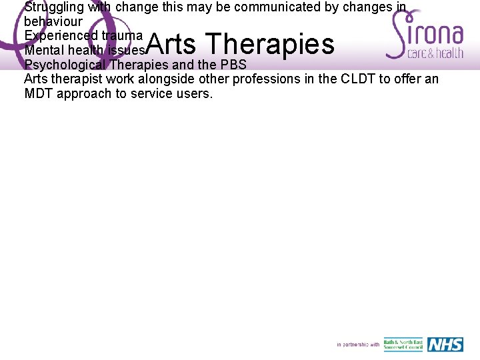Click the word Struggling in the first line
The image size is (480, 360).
click(x=54, y=8)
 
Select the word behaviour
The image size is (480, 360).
click(x=53, y=21)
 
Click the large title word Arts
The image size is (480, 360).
click(x=171, y=44)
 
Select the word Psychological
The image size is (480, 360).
click(x=65, y=65)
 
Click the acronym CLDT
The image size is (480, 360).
click(x=361, y=79)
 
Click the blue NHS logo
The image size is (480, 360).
click(x=445, y=344)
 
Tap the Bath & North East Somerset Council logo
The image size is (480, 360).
click(x=403, y=345)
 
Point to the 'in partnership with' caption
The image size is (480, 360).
click(x=357, y=345)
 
